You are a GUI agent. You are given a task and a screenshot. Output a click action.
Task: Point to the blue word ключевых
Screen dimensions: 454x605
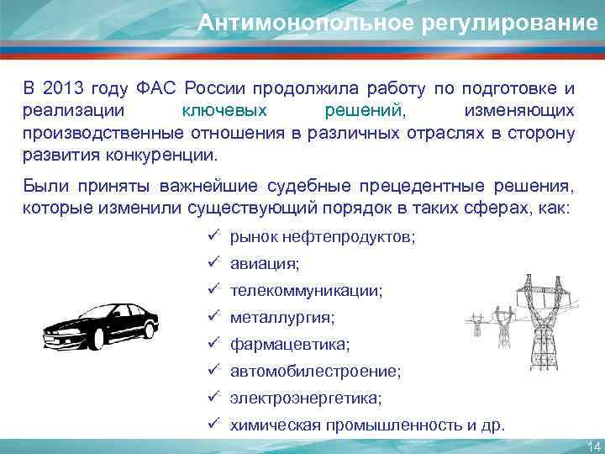pyautogui.click(x=225, y=111)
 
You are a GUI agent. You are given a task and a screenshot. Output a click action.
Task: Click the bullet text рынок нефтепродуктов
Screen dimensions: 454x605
pyautogui.click(x=322, y=238)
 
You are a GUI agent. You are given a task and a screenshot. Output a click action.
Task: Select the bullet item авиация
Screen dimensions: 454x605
pyautogui.click(x=265, y=265)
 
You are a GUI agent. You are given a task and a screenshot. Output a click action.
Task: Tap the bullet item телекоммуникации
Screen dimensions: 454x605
pyautogui.click(x=306, y=291)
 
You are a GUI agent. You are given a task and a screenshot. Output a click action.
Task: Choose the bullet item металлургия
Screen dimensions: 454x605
pyautogui.click(x=282, y=318)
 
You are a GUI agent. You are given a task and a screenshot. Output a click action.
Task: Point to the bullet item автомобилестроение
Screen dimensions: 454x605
pyautogui.click(x=315, y=371)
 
